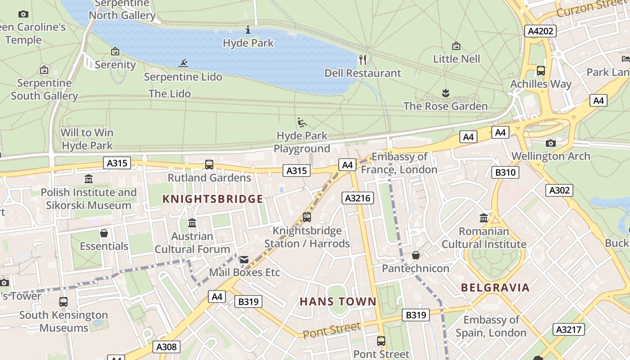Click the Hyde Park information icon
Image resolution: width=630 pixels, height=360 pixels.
click(248, 30)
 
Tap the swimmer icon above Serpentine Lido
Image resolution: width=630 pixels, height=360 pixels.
click(183, 63)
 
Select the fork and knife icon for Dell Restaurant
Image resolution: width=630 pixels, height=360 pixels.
click(363, 59)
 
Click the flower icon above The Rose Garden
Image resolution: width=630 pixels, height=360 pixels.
click(445, 93)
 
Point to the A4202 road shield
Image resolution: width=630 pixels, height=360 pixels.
click(540, 31)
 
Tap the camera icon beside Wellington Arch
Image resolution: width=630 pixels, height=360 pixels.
click(550, 143)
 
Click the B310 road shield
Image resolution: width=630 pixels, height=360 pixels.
click(505, 172)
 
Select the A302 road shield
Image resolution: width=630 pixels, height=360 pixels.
click(559, 190)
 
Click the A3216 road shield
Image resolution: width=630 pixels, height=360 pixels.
click(358, 198)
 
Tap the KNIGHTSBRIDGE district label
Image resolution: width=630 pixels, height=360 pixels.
click(212, 199)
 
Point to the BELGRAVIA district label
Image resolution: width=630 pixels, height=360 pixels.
click(495, 288)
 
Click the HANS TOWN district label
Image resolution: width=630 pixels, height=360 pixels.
click(338, 301)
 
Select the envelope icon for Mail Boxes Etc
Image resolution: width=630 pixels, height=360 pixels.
click(244, 260)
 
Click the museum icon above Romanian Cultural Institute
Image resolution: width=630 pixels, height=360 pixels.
click(484, 218)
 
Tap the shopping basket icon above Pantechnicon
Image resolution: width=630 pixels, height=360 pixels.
click(416, 255)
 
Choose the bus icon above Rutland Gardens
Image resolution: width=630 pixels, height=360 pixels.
click(209, 165)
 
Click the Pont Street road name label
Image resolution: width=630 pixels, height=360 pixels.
click(332, 331)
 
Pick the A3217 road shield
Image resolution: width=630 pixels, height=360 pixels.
click(569, 329)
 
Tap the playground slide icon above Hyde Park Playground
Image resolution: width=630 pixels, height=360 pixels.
click(302, 122)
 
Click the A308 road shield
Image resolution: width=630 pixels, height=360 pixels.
click(166, 347)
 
